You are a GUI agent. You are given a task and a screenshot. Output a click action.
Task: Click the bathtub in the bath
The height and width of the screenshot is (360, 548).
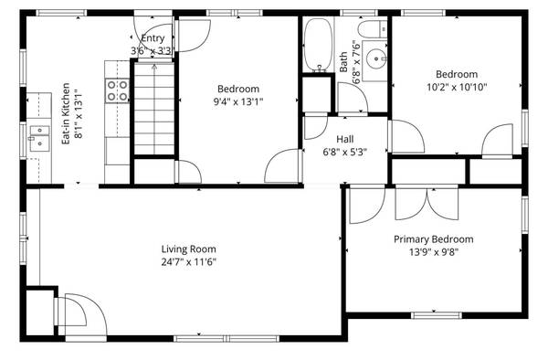click(x=318, y=45)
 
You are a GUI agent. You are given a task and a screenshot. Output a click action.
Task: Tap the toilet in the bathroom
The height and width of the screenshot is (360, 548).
click(x=373, y=29)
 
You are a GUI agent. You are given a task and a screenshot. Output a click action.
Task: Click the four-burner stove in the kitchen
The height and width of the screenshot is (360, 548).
click(x=117, y=90)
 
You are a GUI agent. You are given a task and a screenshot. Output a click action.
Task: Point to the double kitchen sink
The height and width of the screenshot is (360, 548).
click(x=39, y=138)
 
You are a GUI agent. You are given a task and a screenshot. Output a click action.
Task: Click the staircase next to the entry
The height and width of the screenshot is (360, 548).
click(x=154, y=109)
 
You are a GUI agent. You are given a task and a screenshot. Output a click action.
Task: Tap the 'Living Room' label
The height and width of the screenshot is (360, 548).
click(x=189, y=249)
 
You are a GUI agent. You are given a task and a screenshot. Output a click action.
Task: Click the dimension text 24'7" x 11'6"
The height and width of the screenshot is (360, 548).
click(x=189, y=262)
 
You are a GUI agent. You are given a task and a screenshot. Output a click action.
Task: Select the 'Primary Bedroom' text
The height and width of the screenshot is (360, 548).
click(x=434, y=239)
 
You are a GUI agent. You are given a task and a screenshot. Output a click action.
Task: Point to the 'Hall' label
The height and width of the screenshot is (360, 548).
click(x=345, y=139)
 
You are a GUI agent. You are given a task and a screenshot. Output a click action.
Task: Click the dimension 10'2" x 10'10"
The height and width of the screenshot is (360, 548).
click(x=457, y=87)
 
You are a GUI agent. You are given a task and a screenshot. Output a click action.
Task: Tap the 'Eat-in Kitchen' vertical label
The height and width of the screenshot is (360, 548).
click(x=66, y=113)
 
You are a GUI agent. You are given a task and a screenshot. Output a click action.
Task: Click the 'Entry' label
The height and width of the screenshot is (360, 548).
click(x=153, y=38)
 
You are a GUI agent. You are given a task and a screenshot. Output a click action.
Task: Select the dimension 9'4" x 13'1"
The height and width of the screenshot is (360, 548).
click(x=238, y=101)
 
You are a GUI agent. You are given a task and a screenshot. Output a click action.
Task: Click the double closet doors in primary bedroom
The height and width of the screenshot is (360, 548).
click(x=427, y=204)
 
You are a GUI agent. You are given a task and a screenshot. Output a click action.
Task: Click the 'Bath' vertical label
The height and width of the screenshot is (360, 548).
click(x=343, y=62)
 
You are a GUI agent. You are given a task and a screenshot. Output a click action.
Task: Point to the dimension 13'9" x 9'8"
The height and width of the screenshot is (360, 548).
click(x=434, y=252)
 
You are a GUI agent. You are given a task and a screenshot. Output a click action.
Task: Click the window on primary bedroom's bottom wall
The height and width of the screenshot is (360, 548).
click(x=437, y=315)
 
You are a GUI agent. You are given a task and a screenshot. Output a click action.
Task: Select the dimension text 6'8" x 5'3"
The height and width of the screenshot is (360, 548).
click(x=345, y=152)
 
